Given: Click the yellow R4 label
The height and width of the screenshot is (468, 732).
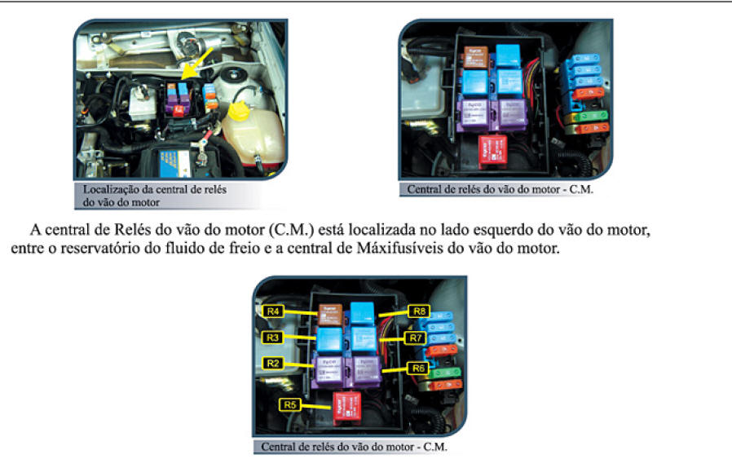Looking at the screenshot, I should click(275, 311).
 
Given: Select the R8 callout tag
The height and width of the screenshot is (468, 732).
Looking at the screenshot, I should click(420, 311).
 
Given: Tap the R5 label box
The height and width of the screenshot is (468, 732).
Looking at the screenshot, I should click(290, 404).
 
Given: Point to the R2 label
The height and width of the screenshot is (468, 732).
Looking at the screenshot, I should click(274, 362).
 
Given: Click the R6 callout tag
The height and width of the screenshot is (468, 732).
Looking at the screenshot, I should click(419, 368).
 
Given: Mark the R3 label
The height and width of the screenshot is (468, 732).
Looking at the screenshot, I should click(274, 337).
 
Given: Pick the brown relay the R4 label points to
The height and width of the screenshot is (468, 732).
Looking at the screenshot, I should click(329, 311).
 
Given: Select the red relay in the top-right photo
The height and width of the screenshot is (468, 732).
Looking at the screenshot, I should click(493, 150).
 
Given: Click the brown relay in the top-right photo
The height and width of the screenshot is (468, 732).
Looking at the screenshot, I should click(476, 56).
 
